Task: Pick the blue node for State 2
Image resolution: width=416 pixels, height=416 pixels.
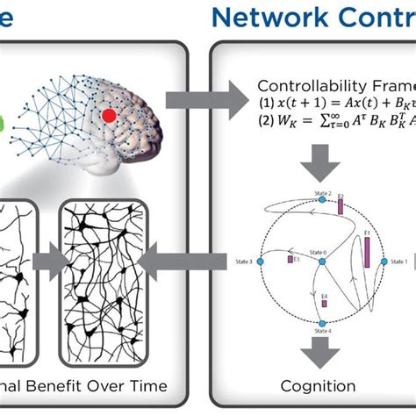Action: (x=321, y=200)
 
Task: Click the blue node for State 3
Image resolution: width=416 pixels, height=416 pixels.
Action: (x=259, y=262)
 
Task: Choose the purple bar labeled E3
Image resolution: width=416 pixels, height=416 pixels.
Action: (x=289, y=259)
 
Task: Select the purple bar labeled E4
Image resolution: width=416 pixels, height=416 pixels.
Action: (x=324, y=301)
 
